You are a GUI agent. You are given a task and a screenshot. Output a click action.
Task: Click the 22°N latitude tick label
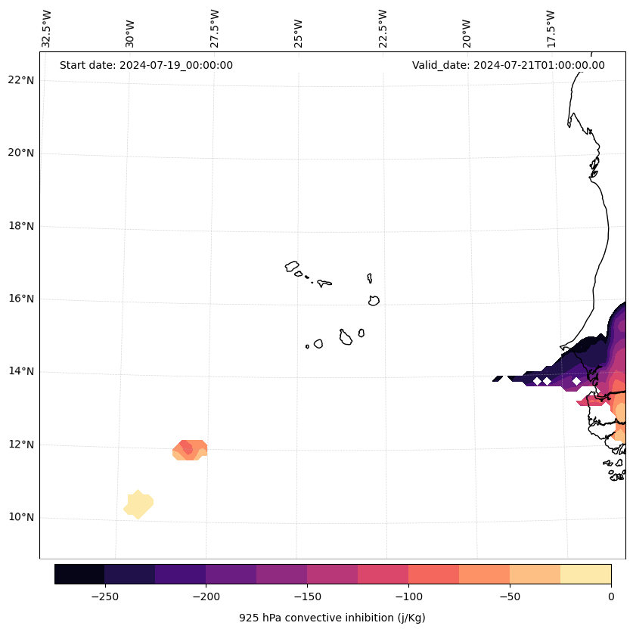tap(20, 80)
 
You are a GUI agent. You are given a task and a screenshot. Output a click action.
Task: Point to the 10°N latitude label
tap(20, 518)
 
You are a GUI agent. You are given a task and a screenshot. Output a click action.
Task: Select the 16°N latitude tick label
tap(20, 299)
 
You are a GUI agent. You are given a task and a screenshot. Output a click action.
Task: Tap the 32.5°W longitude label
tap(47, 29)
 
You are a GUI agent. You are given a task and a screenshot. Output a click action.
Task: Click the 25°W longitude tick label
tap(299, 33)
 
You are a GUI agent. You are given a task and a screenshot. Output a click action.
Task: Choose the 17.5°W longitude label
tap(551, 29)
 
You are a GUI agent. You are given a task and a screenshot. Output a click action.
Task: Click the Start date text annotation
tap(146, 65)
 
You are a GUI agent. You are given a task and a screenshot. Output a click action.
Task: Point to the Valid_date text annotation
tap(508, 65)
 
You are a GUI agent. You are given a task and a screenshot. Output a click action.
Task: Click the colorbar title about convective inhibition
tap(332, 618)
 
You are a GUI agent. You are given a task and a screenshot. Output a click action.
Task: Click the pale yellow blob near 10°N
tap(138, 504)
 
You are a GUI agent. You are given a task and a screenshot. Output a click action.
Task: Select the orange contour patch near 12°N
tap(190, 450)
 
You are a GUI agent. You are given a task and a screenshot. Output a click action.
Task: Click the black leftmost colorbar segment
tap(79, 574)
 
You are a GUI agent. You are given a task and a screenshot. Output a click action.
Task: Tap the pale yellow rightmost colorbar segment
tap(585, 574)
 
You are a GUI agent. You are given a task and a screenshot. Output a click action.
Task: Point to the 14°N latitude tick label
tap(20, 372)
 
